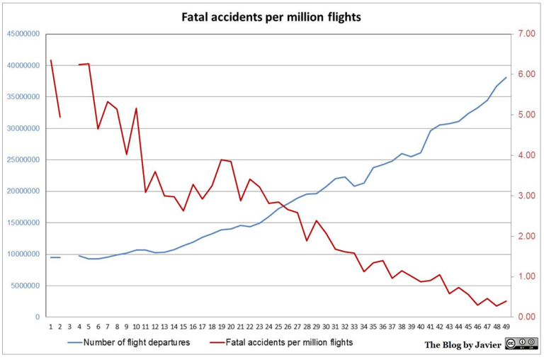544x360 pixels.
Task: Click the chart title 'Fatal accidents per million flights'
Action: pos(271,17)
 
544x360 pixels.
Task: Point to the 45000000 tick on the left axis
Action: pos(23,34)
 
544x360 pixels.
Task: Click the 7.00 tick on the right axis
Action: pos(527,34)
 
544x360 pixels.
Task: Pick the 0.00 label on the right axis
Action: pos(527,317)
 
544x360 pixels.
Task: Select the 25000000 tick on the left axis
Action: pos(23,159)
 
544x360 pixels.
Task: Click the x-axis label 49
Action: pos(506,327)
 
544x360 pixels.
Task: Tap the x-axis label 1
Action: pos(51,327)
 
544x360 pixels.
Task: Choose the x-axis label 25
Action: pos(278,327)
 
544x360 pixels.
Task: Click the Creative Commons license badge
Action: pos(521,343)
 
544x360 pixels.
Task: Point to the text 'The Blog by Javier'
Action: pos(463,344)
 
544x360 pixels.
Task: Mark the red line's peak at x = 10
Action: pos(136,108)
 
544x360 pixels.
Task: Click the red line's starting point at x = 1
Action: pos(51,60)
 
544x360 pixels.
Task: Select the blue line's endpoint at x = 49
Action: pos(506,77)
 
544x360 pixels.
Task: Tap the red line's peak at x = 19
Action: pos(221,159)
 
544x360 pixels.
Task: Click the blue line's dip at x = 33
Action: pos(354,186)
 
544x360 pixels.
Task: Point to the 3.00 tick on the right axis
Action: pos(527,196)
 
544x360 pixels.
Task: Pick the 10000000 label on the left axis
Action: pos(23,254)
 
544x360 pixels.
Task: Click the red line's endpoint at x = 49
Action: pos(506,301)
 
